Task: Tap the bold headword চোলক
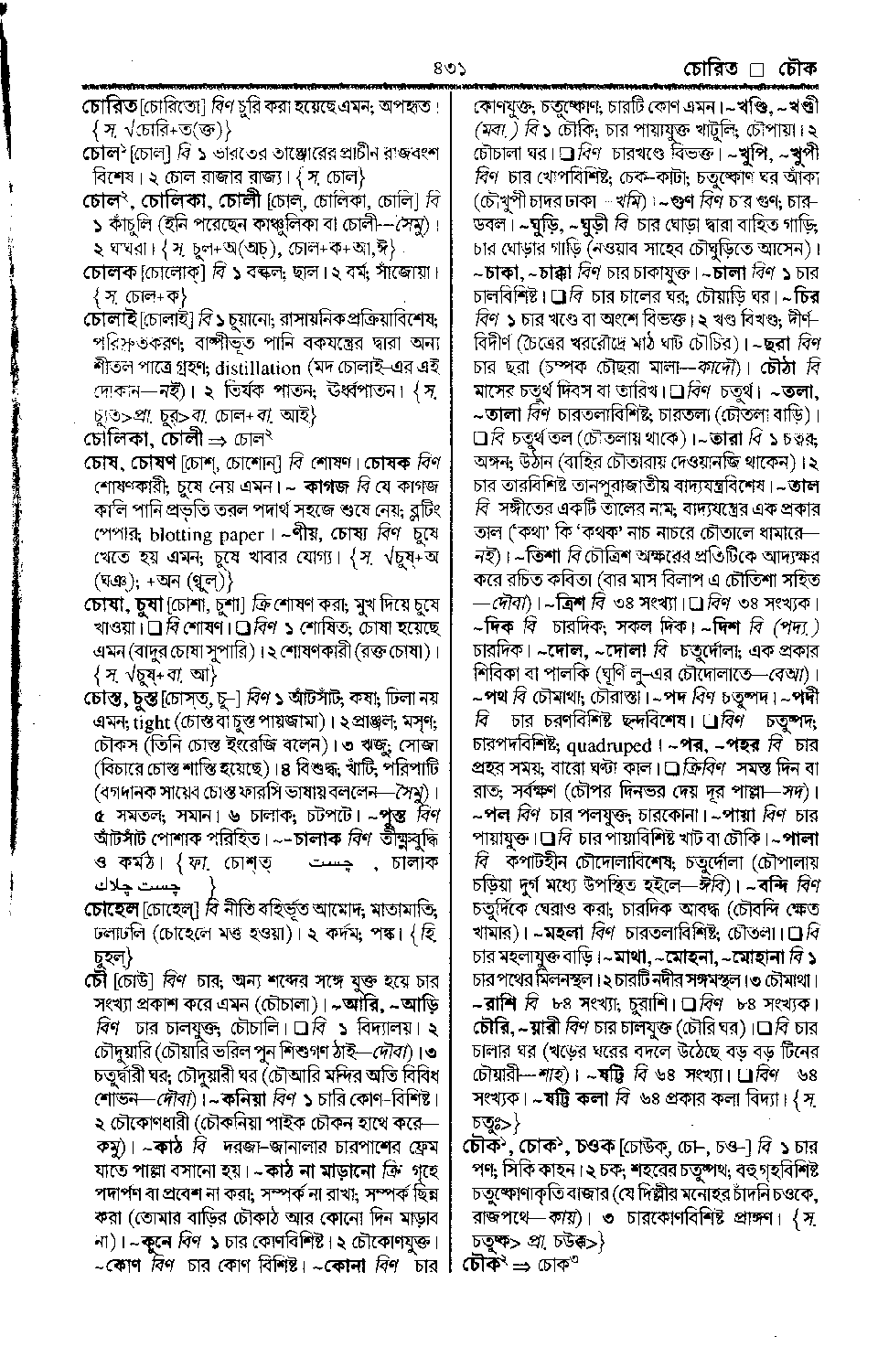(x=108, y=272)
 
